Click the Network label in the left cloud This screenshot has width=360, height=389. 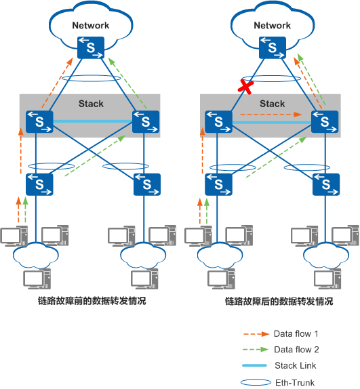click(91, 26)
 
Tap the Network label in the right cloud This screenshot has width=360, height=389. click(272, 26)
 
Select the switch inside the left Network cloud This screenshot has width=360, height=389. click(91, 47)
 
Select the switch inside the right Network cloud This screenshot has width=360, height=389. click(272, 47)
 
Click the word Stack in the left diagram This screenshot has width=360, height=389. click(91, 104)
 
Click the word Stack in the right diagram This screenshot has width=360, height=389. click(272, 104)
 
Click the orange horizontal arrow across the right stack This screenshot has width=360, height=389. click(272, 115)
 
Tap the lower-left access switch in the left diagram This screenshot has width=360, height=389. click(39, 183)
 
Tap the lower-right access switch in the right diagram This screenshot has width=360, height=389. click(325, 183)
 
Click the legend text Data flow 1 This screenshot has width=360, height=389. click(296, 334)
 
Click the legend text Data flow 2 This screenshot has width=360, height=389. click(296, 350)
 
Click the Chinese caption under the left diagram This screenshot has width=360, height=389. click(92, 302)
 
